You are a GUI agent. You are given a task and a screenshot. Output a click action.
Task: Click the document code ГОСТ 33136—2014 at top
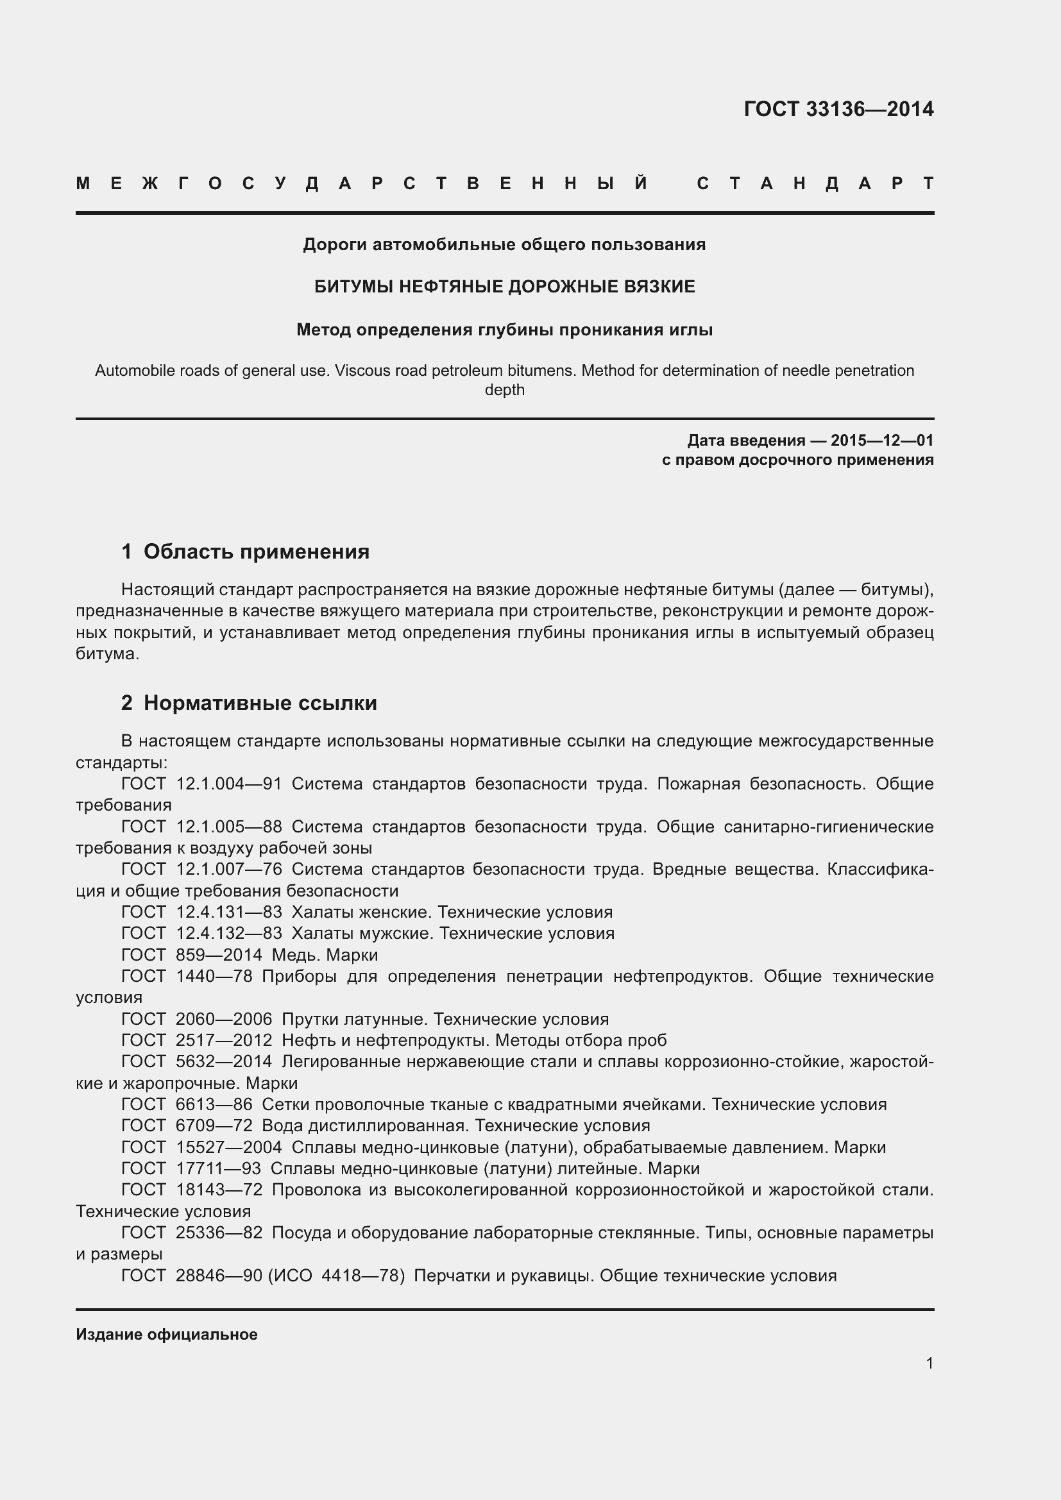click(838, 109)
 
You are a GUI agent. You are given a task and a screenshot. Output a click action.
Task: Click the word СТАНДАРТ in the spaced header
click(815, 183)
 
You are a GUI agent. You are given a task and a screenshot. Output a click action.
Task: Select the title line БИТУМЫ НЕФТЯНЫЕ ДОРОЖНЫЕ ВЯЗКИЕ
click(504, 287)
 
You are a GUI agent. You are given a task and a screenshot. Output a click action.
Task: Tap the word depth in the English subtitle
click(504, 390)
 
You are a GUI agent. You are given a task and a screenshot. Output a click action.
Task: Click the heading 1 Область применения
click(245, 552)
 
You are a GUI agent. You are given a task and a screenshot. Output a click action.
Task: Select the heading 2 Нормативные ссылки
click(249, 704)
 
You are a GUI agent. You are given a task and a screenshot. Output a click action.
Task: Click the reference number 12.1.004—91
click(228, 784)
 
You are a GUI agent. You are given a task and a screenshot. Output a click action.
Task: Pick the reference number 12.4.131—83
click(228, 912)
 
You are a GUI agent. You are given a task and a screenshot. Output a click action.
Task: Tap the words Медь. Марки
click(325, 955)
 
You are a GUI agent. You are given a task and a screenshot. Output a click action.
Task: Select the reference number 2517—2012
click(224, 1040)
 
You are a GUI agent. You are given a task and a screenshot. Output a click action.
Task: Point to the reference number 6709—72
click(214, 1125)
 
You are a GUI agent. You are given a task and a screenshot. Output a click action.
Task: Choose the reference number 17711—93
click(218, 1168)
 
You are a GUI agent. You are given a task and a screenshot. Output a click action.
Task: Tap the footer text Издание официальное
click(167, 1335)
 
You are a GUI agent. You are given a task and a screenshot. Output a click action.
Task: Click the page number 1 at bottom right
click(929, 1363)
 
